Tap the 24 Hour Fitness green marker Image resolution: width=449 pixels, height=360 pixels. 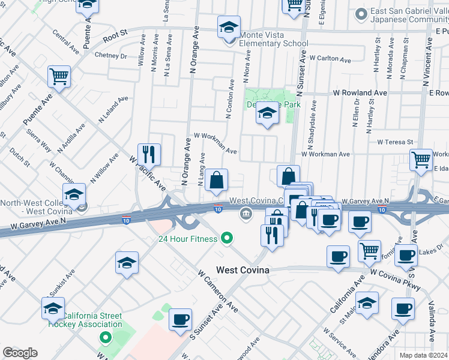[x=226, y=239]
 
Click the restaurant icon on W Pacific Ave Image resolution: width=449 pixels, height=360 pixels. [x=148, y=154]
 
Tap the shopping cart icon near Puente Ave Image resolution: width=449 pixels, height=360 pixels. [x=59, y=76]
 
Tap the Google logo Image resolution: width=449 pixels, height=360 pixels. [x=20, y=353]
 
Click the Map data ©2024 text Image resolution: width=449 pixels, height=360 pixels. [x=424, y=355]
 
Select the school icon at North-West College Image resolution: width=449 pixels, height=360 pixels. [x=74, y=195]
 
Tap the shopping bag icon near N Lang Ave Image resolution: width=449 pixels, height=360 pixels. [x=216, y=179]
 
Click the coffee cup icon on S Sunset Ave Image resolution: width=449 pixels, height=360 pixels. [x=180, y=319]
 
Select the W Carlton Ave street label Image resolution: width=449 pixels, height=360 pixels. [x=330, y=59]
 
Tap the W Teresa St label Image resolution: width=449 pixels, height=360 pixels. [x=396, y=142]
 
